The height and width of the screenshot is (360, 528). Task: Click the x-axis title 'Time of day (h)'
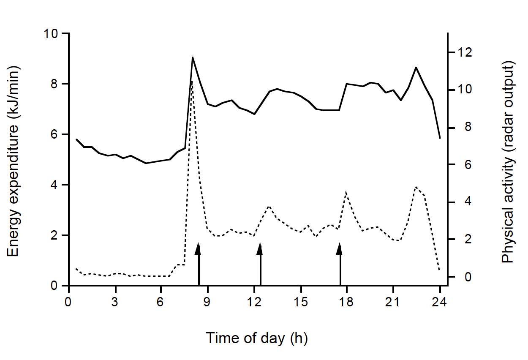(x=256, y=338)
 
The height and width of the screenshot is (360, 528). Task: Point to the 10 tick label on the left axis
(x=53, y=33)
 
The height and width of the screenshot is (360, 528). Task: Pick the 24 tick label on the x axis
(x=440, y=302)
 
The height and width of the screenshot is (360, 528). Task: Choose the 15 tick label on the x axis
(x=300, y=302)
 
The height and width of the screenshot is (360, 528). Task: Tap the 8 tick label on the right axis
(x=462, y=127)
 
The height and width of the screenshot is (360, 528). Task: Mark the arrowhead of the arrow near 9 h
(x=199, y=249)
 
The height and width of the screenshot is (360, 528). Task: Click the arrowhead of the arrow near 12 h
(x=260, y=249)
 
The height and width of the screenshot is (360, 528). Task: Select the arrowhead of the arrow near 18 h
(x=340, y=249)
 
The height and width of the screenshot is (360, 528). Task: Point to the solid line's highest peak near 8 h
(x=192, y=57)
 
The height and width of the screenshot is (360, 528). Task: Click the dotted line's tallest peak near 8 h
(x=192, y=80)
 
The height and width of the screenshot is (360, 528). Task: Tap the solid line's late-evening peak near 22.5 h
(x=416, y=67)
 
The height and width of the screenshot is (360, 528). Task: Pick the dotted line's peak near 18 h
(x=346, y=192)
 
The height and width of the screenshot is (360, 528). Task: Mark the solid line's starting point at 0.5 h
(x=76, y=139)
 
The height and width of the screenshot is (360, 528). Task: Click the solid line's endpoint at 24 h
(x=440, y=138)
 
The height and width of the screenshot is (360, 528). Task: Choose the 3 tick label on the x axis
(x=115, y=302)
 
